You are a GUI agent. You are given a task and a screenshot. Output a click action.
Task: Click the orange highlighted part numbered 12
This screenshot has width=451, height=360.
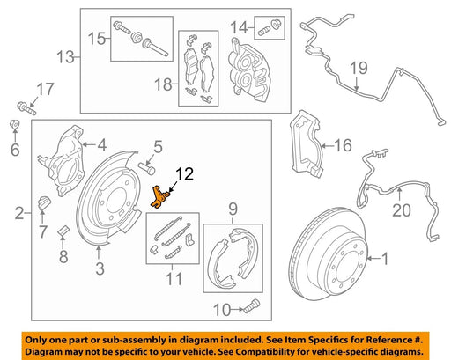159,197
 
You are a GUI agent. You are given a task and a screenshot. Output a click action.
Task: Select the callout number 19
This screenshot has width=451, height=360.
359,68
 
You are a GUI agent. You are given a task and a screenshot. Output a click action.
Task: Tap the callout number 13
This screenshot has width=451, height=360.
65,56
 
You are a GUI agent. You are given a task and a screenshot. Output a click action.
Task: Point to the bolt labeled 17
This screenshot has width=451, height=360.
26,108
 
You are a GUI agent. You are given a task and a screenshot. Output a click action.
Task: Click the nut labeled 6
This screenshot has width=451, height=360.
14,125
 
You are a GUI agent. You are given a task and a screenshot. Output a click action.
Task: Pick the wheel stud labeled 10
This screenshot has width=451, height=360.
252,306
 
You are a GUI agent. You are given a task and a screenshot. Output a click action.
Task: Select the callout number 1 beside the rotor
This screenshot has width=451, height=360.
385,259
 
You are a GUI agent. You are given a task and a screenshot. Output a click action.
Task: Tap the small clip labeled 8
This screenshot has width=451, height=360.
63,231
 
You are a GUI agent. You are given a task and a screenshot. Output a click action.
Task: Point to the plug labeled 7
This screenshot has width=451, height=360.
44,203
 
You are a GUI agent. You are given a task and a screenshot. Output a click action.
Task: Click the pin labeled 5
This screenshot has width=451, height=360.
146,169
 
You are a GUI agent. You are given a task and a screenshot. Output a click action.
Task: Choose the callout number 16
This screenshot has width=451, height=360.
343,145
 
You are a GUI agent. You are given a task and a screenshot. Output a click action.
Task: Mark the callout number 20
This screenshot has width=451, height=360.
402,210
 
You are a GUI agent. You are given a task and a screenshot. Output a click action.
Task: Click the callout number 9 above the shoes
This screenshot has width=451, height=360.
233,209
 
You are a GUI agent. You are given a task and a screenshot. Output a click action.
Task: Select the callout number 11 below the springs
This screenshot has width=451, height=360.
174,279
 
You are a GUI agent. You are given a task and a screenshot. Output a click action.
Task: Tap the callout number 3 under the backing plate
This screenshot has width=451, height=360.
100,268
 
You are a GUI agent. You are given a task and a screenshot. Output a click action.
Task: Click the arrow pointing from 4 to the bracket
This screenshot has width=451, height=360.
89,144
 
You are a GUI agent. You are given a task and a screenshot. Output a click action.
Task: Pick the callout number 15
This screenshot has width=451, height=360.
97,39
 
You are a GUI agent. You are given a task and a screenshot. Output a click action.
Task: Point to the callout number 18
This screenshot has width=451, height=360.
163,84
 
